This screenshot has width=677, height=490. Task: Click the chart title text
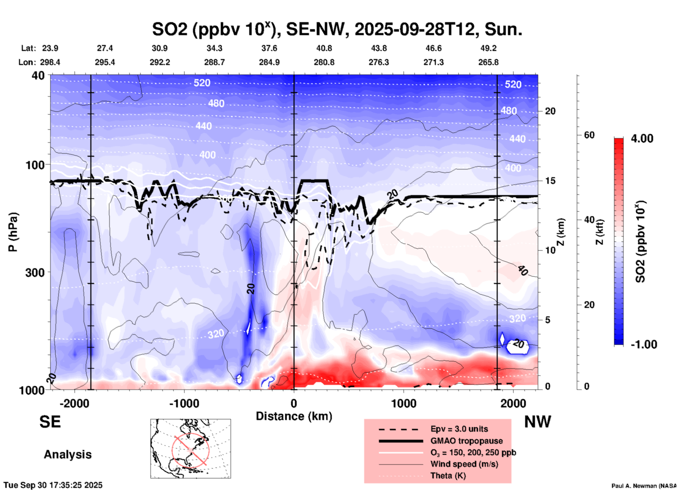(x=337, y=30)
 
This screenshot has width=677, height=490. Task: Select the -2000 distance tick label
(x=74, y=403)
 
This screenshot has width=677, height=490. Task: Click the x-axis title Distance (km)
(x=294, y=416)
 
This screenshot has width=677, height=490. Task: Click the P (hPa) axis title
(x=13, y=232)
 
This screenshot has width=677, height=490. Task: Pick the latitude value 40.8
(x=324, y=48)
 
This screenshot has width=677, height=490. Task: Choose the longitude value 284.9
(x=269, y=62)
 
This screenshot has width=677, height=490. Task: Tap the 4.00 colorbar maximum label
(x=642, y=138)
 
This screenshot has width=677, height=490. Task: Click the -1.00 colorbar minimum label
(x=643, y=344)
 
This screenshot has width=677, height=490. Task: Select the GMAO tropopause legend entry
(x=466, y=441)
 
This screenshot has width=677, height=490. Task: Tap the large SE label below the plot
(x=50, y=422)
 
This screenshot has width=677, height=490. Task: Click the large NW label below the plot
(x=537, y=422)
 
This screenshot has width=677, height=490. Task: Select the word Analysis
(x=67, y=454)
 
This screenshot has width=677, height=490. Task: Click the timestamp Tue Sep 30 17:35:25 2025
(x=53, y=485)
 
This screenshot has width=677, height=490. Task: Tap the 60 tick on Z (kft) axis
(x=589, y=135)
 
